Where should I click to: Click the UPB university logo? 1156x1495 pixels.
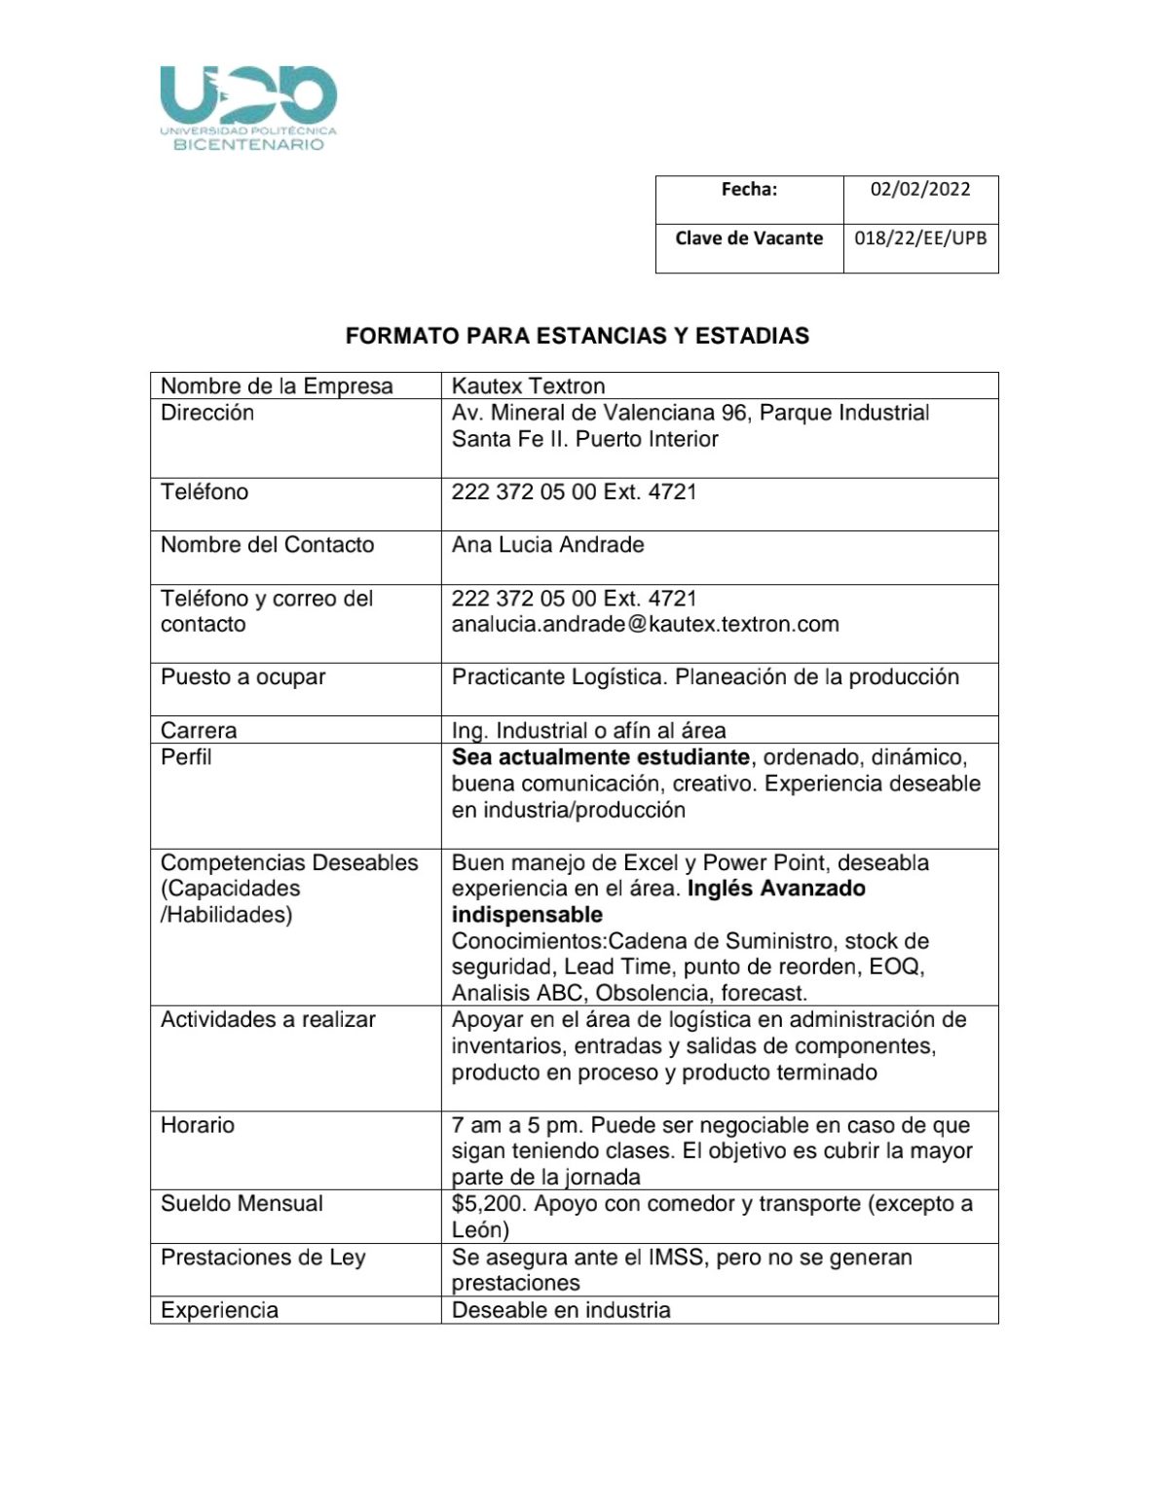[x=248, y=107]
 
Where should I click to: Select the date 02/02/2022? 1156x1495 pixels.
[x=920, y=189]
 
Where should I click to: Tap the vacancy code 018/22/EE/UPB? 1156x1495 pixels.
[x=920, y=238]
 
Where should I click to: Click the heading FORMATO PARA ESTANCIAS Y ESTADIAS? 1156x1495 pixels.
[x=578, y=336]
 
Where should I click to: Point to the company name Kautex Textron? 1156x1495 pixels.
[x=528, y=386]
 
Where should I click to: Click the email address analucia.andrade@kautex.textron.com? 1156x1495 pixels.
[x=645, y=624]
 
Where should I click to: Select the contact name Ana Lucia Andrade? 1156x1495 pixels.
[x=547, y=545]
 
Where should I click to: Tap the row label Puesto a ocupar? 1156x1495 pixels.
[x=242, y=677]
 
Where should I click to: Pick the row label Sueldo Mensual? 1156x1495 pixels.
[x=242, y=1204]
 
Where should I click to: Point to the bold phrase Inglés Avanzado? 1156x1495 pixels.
[x=776, y=889]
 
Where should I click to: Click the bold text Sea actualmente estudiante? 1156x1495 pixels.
[x=600, y=757]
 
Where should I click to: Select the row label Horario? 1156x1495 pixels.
[x=198, y=1125]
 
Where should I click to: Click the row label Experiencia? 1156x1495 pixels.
[x=219, y=1310]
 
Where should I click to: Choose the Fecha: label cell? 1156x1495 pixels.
[x=749, y=189]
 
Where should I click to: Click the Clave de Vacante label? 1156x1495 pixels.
[x=749, y=238]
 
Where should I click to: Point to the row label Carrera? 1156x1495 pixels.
[x=199, y=730]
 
